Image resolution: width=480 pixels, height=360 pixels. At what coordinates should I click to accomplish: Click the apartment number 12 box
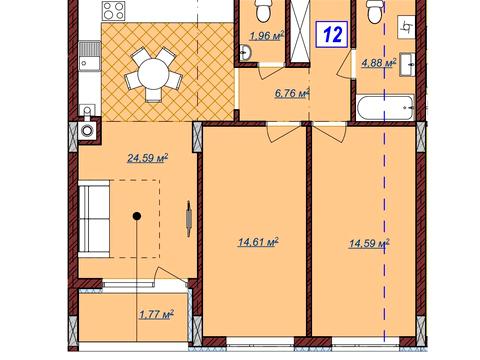click(332, 34)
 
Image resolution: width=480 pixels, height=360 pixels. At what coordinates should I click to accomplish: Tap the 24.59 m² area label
click(147, 158)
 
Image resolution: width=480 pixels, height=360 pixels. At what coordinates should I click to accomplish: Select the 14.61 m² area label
click(258, 242)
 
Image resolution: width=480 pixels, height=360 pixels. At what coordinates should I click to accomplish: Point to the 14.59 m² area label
click(369, 244)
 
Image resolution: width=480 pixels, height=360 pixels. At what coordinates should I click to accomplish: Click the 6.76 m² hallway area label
click(292, 93)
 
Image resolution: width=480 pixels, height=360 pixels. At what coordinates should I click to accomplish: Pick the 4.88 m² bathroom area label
click(379, 63)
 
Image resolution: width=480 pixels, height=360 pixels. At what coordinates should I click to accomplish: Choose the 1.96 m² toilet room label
click(267, 35)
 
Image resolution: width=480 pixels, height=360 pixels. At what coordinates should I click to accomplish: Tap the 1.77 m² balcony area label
click(156, 314)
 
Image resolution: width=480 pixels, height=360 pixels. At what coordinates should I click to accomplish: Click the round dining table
click(153, 74)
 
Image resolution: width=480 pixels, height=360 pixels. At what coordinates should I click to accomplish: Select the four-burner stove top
click(114, 11)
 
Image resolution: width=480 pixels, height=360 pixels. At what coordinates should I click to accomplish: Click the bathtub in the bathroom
click(385, 108)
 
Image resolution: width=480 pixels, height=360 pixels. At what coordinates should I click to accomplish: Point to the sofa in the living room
click(94, 219)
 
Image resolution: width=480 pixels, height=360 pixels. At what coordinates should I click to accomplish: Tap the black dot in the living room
click(137, 216)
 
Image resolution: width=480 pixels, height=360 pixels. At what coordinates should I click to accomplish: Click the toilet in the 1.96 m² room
click(263, 10)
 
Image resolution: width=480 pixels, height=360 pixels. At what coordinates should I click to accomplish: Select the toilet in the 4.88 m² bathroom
click(375, 11)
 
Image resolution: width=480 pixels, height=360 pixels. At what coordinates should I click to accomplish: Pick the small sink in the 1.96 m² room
click(245, 52)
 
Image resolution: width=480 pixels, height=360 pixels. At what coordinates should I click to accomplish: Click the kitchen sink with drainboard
click(89, 56)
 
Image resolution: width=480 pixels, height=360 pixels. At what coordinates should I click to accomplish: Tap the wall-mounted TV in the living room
click(189, 219)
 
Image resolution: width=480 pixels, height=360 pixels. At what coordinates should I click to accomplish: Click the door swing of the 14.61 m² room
click(283, 132)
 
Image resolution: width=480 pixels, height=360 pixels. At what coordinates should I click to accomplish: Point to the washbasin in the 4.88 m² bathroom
click(407, 64)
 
